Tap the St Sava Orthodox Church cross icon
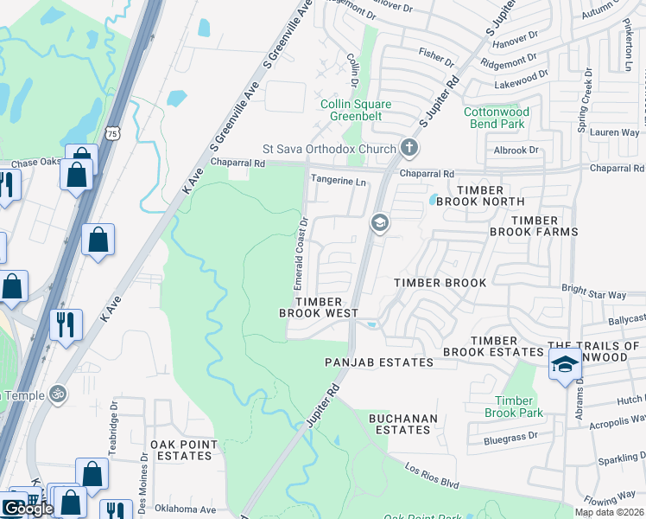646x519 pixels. click(409, 149)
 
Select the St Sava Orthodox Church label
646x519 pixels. click(329, 150)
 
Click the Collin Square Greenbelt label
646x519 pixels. click(356, 112)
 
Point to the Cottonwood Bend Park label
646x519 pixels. click(496, 119)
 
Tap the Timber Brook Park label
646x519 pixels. click(519, 407)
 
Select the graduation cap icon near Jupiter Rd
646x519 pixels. click(378, 224)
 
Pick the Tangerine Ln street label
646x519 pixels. click(338, 182)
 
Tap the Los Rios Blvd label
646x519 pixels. click(433, 472)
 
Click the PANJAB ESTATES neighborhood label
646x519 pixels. click(378, 362)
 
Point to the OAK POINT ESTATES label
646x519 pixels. click(182, 450)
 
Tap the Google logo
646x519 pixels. click(28, 509)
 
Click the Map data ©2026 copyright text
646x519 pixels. click(610, 512)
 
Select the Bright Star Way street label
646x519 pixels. click(592, 295)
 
